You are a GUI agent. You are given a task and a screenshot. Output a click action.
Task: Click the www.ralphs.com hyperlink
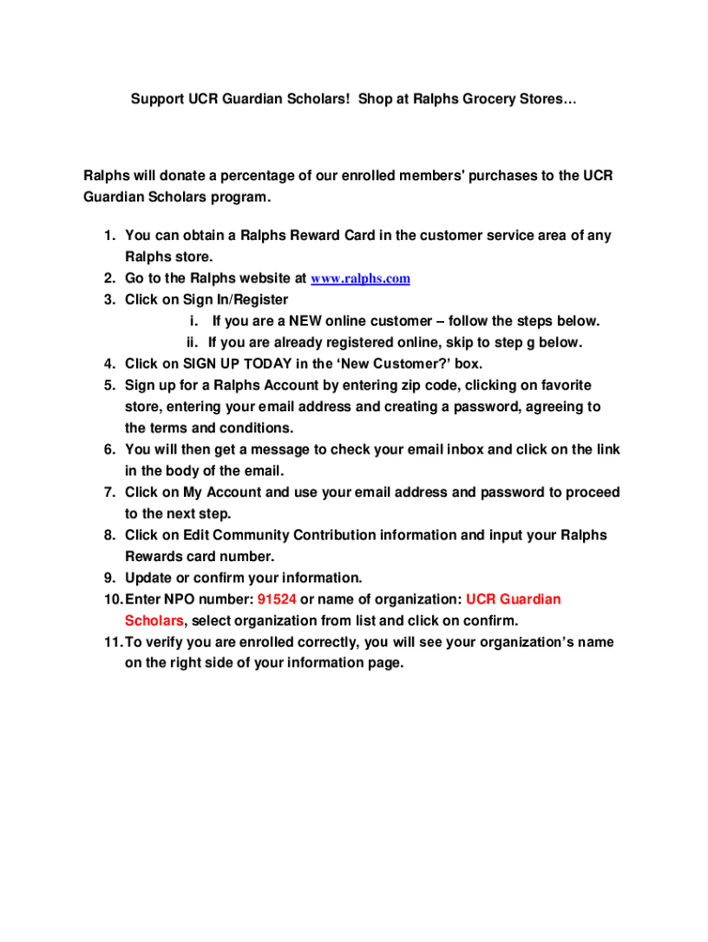point(360,279)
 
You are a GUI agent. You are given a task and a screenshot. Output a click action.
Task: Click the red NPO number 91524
point(277,600)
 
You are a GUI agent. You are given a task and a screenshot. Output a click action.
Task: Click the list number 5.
point(108,385)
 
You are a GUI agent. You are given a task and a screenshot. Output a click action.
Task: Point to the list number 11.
point(110,642)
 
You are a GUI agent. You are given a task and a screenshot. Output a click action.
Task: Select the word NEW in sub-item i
point(305,321)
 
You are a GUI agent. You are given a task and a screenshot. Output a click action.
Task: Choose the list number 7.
point(108,493)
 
